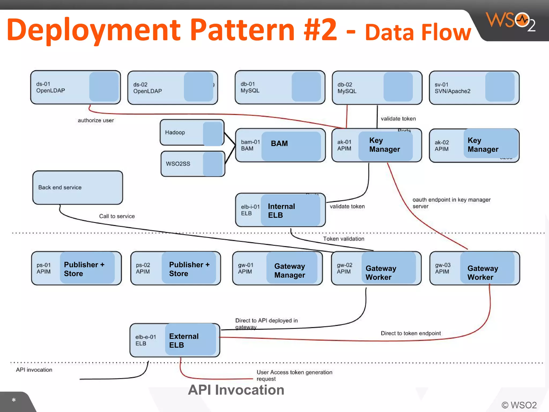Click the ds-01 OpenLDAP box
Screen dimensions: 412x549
click(75, 87)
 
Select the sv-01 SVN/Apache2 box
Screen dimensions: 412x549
click(474, 88)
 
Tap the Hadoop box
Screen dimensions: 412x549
click(192, 133)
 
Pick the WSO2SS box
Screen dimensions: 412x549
click(192, 164)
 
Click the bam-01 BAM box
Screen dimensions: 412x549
click(280, 145)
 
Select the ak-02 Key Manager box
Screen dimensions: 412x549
click(474, 145)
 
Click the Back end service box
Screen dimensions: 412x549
click(77, 187)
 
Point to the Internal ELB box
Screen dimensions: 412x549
click(280, 210)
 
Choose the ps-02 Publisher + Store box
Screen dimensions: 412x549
click(176, 268)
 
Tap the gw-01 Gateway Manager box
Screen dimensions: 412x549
click(277, 268)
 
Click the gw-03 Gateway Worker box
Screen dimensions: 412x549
click(474, 268)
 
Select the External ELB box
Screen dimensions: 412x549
click(175, 340)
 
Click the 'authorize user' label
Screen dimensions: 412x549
click(96, 120)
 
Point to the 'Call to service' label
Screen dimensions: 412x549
click(117, 216)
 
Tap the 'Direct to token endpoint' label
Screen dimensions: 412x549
click(411, 333)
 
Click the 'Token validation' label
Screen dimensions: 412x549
click(343, 239)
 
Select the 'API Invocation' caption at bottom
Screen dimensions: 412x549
click(236, 390)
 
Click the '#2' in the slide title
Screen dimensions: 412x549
click(320, 30)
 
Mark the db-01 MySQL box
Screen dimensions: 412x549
click(280, 87)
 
